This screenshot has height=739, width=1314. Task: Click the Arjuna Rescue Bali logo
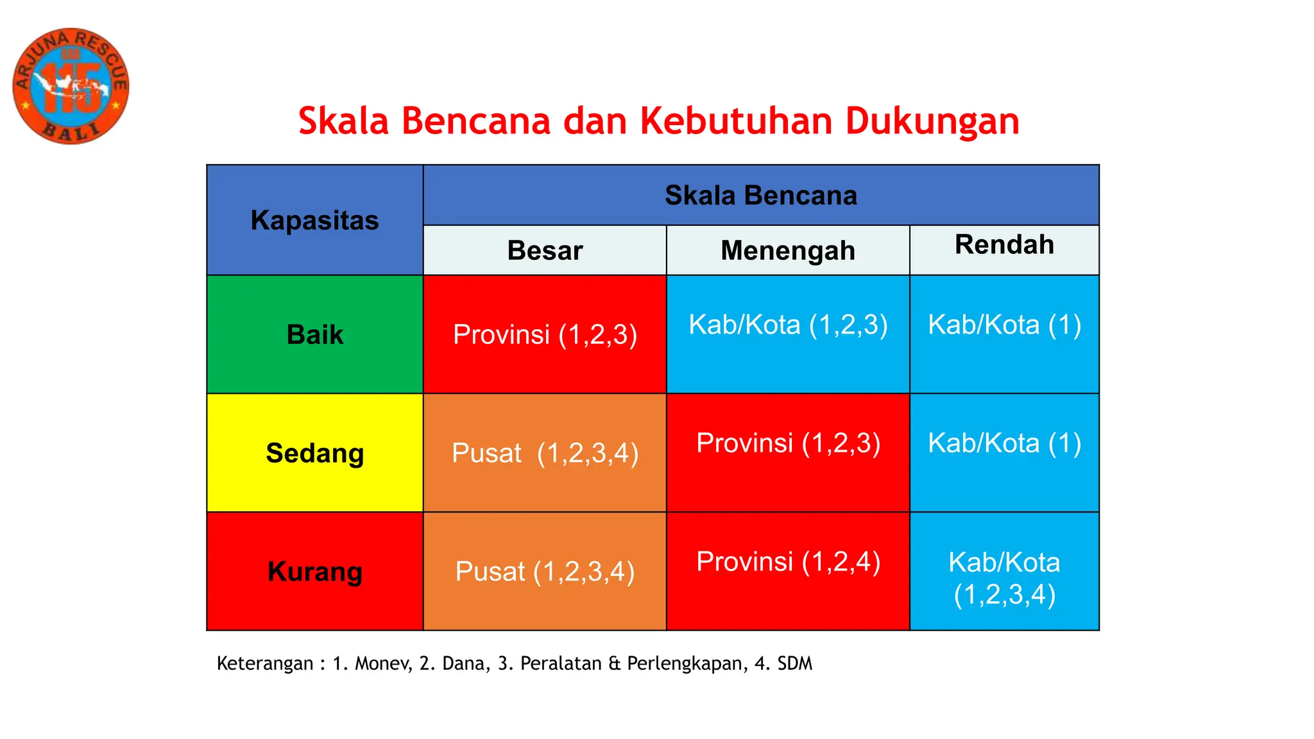click(71, 86)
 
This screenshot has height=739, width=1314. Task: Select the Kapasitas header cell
click(314, 220)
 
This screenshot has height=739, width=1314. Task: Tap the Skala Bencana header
click(761, 195)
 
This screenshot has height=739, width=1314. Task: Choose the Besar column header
click(545, 250)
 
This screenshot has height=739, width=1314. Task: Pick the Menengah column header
click(788, 250)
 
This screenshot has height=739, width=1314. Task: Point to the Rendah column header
click(1004, 245)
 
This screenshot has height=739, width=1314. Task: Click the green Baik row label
click(314, 334)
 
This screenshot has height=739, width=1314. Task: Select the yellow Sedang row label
click(314, 453)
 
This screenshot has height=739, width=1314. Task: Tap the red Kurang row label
click(314, 571)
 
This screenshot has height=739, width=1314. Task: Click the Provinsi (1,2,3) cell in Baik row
click(545, 334)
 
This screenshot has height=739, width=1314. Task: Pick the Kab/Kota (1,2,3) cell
click(788, 325)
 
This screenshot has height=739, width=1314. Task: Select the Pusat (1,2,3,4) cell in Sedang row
click(545, 453)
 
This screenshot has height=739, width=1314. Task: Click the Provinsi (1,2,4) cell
click(788, 562)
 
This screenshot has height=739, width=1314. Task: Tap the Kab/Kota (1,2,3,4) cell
click(1004, 578)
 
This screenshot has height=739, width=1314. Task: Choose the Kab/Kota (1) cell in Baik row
click(1004, 325)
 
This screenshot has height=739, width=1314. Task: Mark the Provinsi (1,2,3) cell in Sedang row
click(788, 443)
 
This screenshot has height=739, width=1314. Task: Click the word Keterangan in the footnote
click(265, 663)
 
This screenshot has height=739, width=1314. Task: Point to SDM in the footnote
click(794, 663)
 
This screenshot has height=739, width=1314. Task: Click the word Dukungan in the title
click(932, 121)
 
